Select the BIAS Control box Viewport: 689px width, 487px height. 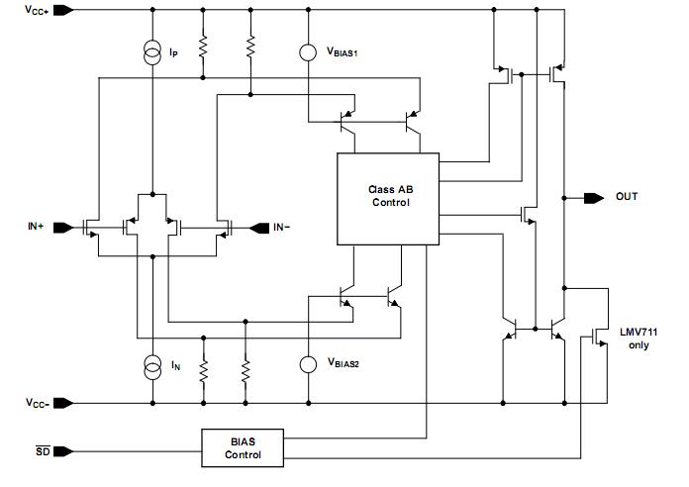pos(243,447)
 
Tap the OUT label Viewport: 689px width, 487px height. pos(627,196)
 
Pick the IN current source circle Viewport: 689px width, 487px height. pos(152,364)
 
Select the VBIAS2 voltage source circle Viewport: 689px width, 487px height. pos(308,364)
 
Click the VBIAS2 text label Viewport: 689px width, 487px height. pos(344,364)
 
